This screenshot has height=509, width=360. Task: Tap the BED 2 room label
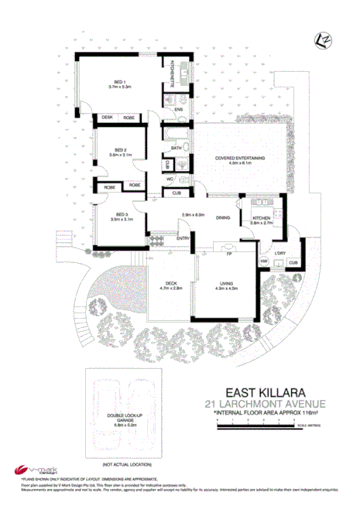pyautogui.click(x=121, y=150)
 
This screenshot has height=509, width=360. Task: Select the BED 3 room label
pyautogui.click(x=121, y=214)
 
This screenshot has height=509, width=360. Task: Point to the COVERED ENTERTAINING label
pyautogui.click(x=241, y=158)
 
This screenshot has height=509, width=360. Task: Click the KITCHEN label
pyautogui.click(x=262, y=219)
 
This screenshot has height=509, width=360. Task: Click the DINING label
pyautogui.click(x=223, y=218)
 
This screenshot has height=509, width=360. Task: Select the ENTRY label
pyautogui.click(x=183, y=238)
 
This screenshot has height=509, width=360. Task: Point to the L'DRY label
pyautogui.click(x=281, y=254)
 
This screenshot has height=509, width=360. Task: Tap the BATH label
pyautogui.click(x=177, y=148)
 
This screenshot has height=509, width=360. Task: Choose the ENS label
pyautogui.click(x=178, y=110)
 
